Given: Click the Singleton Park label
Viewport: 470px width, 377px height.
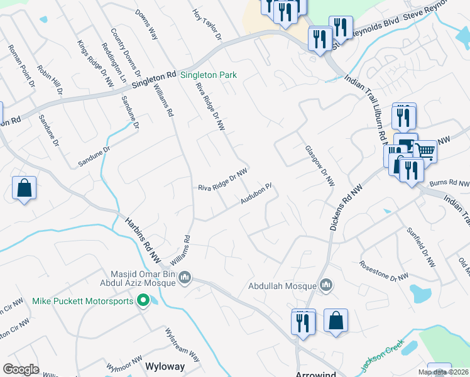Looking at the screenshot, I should coord(208,75).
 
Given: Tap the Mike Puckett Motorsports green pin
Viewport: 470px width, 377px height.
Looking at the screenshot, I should coord(143,301).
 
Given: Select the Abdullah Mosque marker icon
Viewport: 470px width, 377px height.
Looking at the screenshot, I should coord(325,286).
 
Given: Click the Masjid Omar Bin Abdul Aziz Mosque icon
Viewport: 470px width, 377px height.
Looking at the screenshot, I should coord(185,277).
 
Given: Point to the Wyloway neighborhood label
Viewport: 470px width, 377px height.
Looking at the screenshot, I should coord(165,366).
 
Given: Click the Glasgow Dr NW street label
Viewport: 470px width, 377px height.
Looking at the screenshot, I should coord(319,167).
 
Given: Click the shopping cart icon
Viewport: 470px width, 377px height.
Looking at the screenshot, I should coord(425,151).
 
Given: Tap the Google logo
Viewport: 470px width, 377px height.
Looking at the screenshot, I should coord(21,369).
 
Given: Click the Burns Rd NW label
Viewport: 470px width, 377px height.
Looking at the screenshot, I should coord(450,183).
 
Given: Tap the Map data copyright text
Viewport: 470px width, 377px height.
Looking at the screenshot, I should coord(443,372).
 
